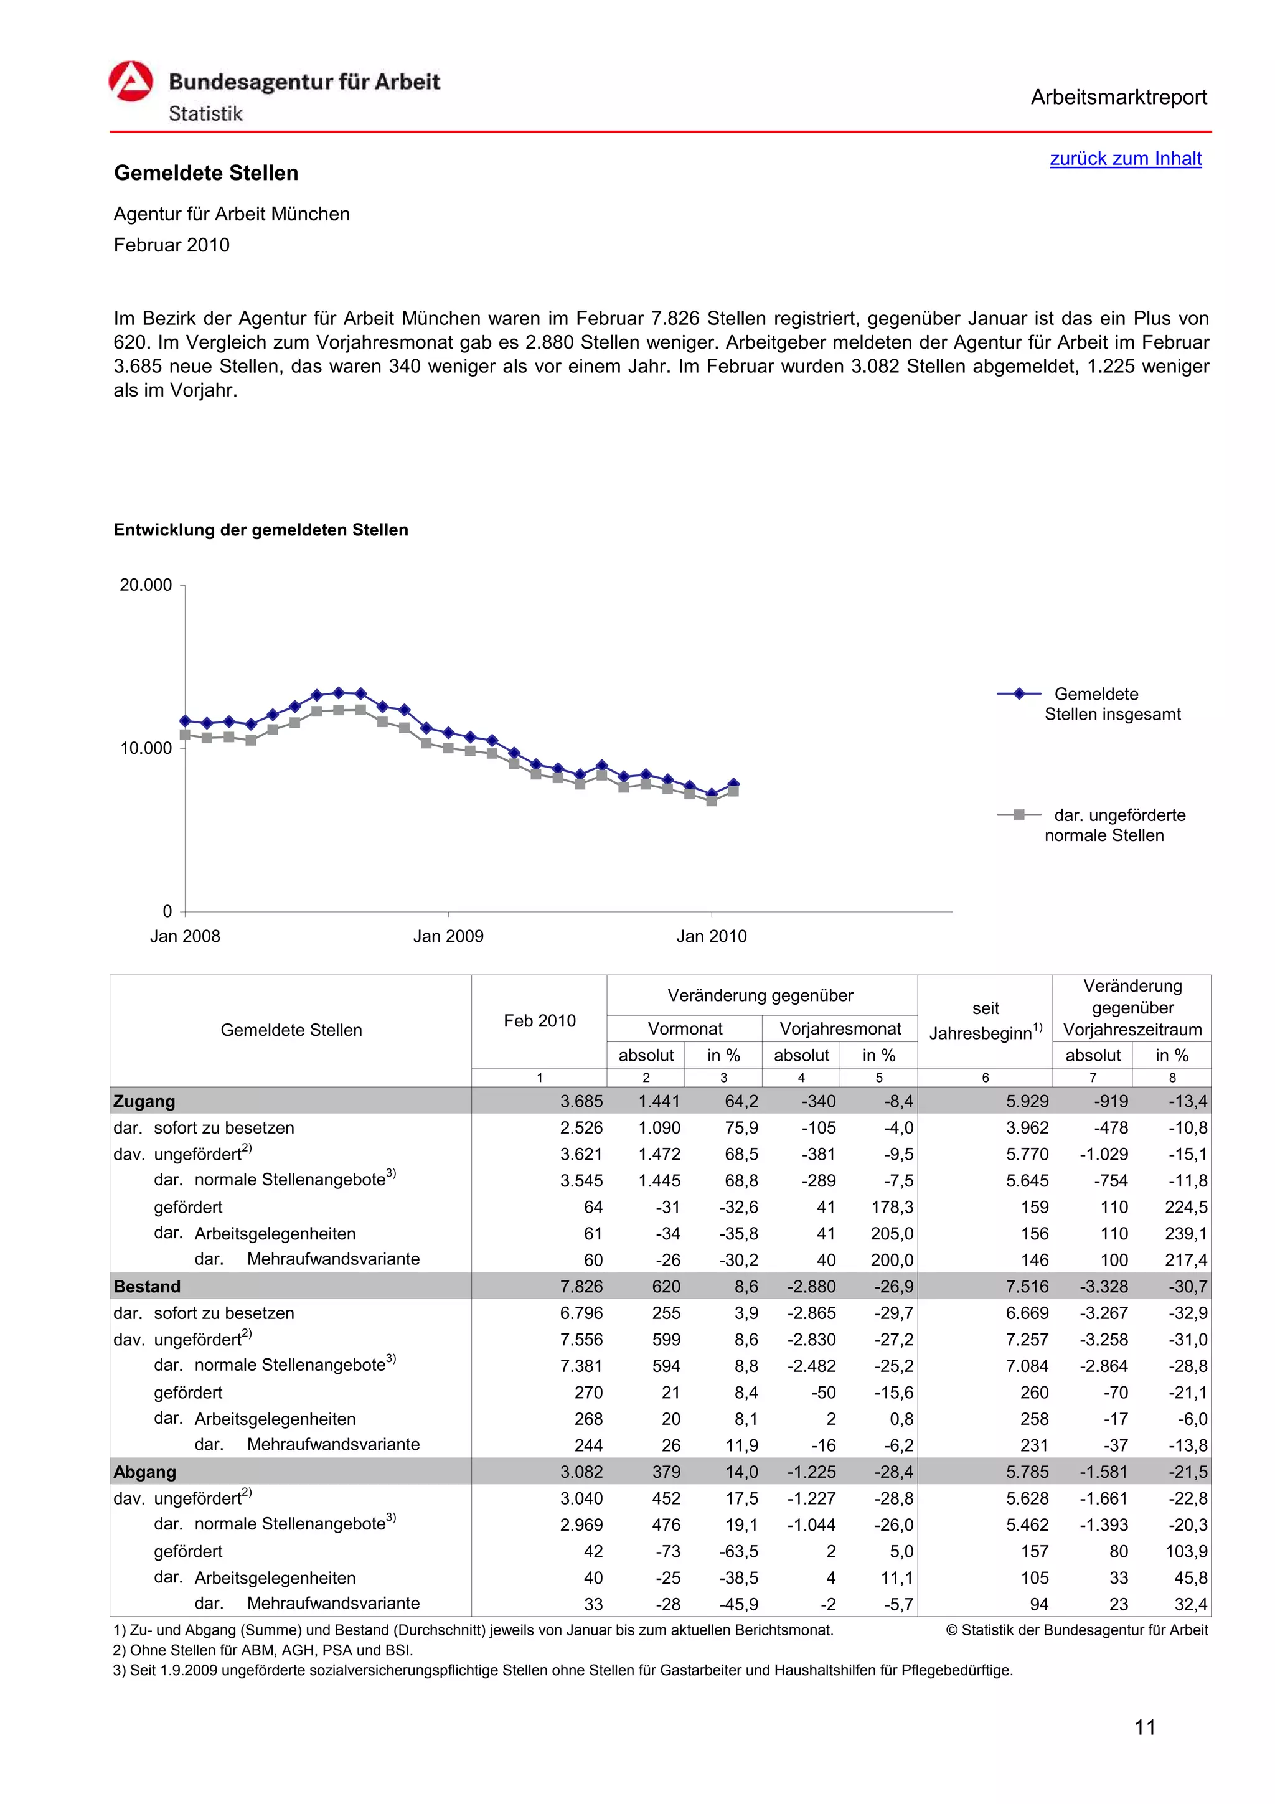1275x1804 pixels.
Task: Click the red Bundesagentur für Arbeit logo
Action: tap(130, 82)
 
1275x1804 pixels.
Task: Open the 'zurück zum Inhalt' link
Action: tap(1125, 158)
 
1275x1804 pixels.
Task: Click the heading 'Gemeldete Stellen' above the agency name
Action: tap(206, 173)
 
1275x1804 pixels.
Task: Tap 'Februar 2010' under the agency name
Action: tap(171, 245)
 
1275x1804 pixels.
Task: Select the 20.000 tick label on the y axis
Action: tap(145, 585)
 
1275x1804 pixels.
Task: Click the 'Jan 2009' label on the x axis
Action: tap(448, 936)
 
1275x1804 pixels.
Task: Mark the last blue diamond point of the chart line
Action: tap(733, 783)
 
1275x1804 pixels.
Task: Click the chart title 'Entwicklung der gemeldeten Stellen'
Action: tap(261, 530)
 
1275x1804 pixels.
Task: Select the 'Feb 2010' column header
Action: tap(539, 1021)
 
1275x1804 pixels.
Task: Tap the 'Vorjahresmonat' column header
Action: tap(840, 1028)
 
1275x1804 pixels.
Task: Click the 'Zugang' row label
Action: tap(144, 1101)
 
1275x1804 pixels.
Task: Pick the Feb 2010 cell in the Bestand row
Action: tap(581, 1286)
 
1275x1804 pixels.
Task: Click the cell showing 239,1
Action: tap(1185, 1234)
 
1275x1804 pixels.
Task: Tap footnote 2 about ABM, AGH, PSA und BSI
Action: tap(263, 1650)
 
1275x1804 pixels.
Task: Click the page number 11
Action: tap(1145, 1727)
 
